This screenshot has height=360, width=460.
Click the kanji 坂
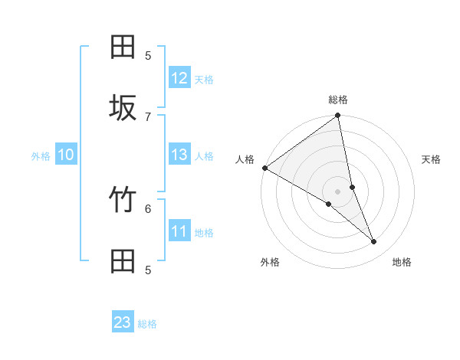pyautogui.click(x=123, y=108)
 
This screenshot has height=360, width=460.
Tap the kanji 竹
pyautogui.click(x=123, y=200)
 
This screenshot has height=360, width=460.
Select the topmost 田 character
pyautogui.click(x=123, y=47)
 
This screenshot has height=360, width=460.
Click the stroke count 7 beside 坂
pyautogui.click(x=148, y=116)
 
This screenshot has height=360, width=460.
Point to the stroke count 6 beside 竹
pyautogui.click(x=148, y=208)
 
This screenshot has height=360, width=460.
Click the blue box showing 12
pyautogui.click(x=179, y=78)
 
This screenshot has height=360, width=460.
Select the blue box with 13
pyautogui.click(x=179, y=155)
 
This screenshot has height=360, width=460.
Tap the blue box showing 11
pyautogui.click(x=179, y=231)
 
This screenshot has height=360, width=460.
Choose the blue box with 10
pyautogui.click(x=66, y=155)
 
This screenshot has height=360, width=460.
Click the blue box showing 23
pyautogui.click(x=123, y=322)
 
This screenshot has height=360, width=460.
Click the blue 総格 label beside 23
pyautogui.click(x=147, y=324)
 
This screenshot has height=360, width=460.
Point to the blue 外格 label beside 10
pyautogui.click(x=41, y=156)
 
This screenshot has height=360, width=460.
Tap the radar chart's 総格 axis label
pyautogui.click(x=338, y=100)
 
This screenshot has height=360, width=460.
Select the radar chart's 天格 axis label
pyautogui.click(x=431, y=159)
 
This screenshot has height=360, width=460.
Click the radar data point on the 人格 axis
pyautogui.click(x=264, y=168)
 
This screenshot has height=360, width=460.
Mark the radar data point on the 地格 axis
pyautogui.click(x=374, y=242)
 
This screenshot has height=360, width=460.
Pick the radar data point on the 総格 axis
pyautogui.click(x=338, y=116)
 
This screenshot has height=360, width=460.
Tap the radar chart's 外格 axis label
pyautogui.click(x=270, y=262)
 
